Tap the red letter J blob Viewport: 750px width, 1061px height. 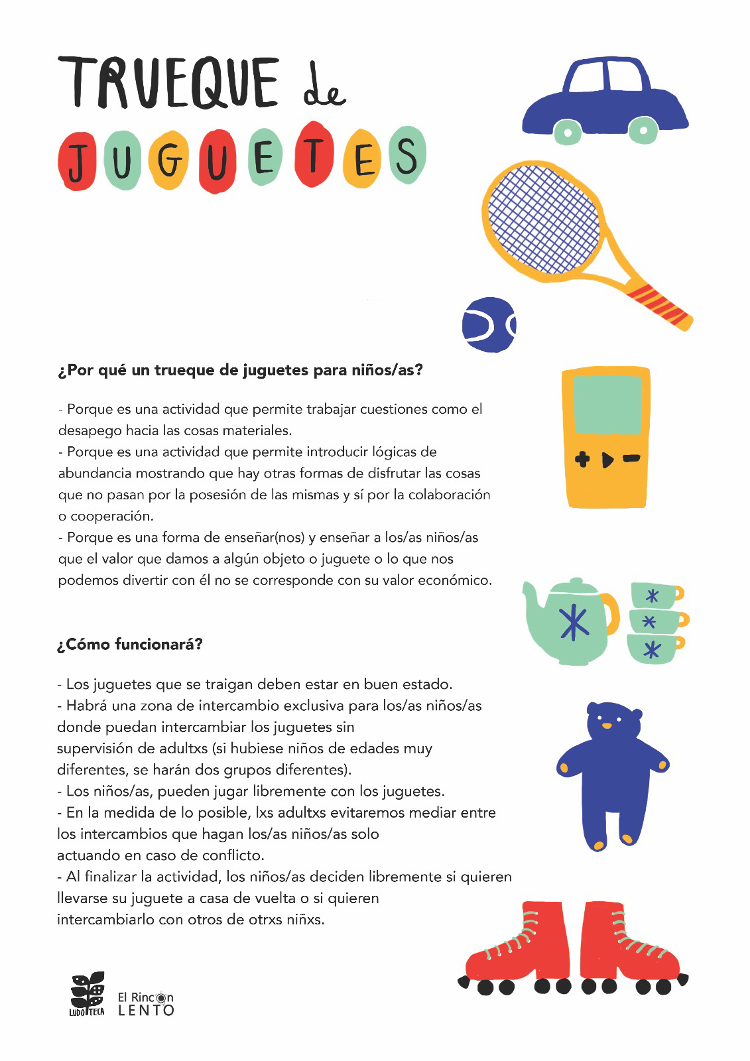point(78,161)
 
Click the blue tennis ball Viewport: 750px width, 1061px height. point(489,324)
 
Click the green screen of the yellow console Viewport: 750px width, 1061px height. point(607,404)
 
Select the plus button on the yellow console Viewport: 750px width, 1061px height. point(582,459)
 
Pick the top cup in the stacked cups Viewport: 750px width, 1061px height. point(655,595)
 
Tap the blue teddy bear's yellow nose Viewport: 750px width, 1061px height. point(606,725)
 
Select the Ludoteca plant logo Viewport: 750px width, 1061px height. point(88,993)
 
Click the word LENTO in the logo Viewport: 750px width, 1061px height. point(146,1011)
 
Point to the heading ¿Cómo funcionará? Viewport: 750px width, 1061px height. point(129,644)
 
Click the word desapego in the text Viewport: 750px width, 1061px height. point(90,430)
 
